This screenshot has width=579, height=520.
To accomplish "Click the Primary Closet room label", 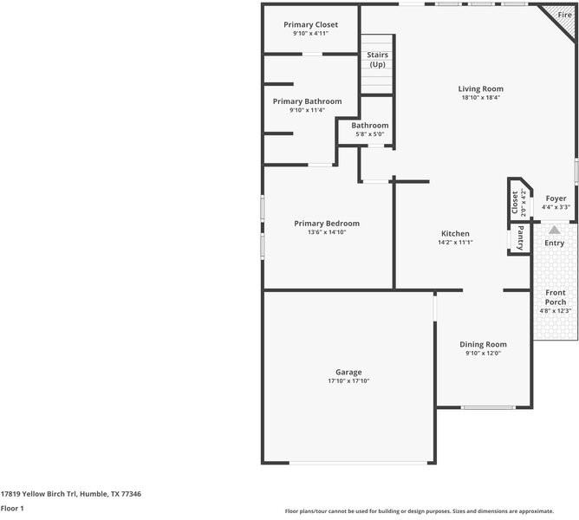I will click(x=310, y=24).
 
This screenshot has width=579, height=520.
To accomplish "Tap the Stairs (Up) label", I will click(x=377, y=60).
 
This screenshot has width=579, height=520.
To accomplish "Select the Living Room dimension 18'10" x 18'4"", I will click(x=480, y=98).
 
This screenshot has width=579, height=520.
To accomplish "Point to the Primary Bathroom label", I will click(x=307, y=101).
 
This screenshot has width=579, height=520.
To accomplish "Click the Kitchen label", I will click(x=455, y=234).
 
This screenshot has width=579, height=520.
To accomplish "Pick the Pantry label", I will click(x=520, y=238).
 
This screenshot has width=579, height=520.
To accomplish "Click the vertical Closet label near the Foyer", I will click(x=515, y=203).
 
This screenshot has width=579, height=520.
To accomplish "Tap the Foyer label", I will click(x=555, y=198).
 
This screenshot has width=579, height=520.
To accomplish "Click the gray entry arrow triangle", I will click(x=554, y=230).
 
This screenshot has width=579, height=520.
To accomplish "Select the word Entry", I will click(x=554, y=244).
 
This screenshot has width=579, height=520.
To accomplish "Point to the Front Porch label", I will click(x=555, y=297).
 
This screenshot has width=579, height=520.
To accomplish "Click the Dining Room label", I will click(x=483, y=344).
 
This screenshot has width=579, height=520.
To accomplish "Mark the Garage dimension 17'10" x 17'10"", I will click(x=348, y=381).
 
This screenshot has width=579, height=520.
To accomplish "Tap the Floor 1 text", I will click(x=12, y=508).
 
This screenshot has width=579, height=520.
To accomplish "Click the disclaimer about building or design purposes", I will click(x=432, y=511).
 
